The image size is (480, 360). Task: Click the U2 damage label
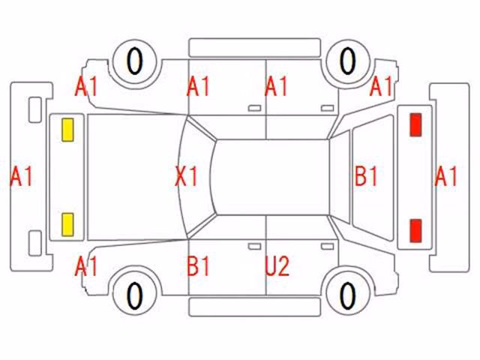(277, 266)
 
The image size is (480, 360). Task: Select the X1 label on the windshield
(187, 176)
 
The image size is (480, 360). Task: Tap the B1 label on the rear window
(366, 176)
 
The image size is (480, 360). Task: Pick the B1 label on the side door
(198, 266)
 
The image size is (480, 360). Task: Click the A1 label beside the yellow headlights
(21, 176)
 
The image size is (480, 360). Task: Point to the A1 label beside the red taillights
(445, 176)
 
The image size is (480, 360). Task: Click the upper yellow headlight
(67, 130)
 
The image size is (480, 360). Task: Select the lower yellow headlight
(67, 225)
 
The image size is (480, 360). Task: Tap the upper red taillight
(415, 124)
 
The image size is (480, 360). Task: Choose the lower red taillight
(415, 231)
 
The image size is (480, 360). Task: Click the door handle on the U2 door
(327, 247)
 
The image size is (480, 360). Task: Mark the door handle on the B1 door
(254, 247)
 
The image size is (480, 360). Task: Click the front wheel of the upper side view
(135, 61)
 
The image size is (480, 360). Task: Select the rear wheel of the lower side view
(348, 296)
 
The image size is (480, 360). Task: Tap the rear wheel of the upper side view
(348, 61)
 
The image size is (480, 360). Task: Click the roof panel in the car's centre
(271, 177)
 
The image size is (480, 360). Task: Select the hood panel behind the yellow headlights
(135, 177)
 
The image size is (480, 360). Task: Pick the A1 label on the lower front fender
(86, 266)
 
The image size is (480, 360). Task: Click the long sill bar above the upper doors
(255, 48)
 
